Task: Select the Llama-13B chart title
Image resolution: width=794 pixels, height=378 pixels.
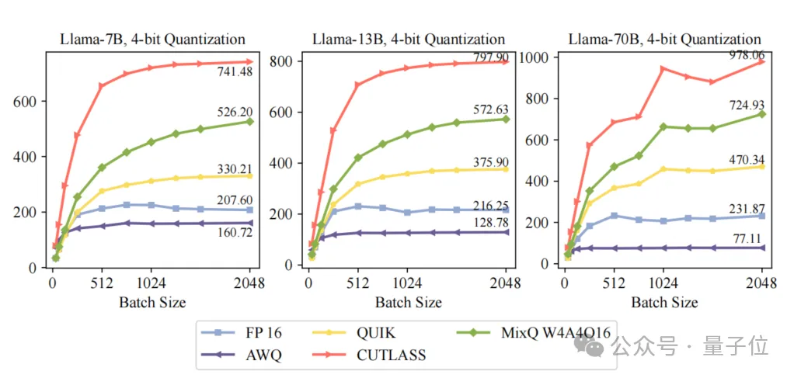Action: (x=409, y=40)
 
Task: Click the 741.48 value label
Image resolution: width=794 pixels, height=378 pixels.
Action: (x=235, y=72)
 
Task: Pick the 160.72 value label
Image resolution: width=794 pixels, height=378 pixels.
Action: (x=235, y=232)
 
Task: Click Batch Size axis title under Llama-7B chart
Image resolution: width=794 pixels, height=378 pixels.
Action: (x=152, y=301)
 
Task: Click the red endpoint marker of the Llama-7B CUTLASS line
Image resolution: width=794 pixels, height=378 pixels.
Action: (x=250, y=61)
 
